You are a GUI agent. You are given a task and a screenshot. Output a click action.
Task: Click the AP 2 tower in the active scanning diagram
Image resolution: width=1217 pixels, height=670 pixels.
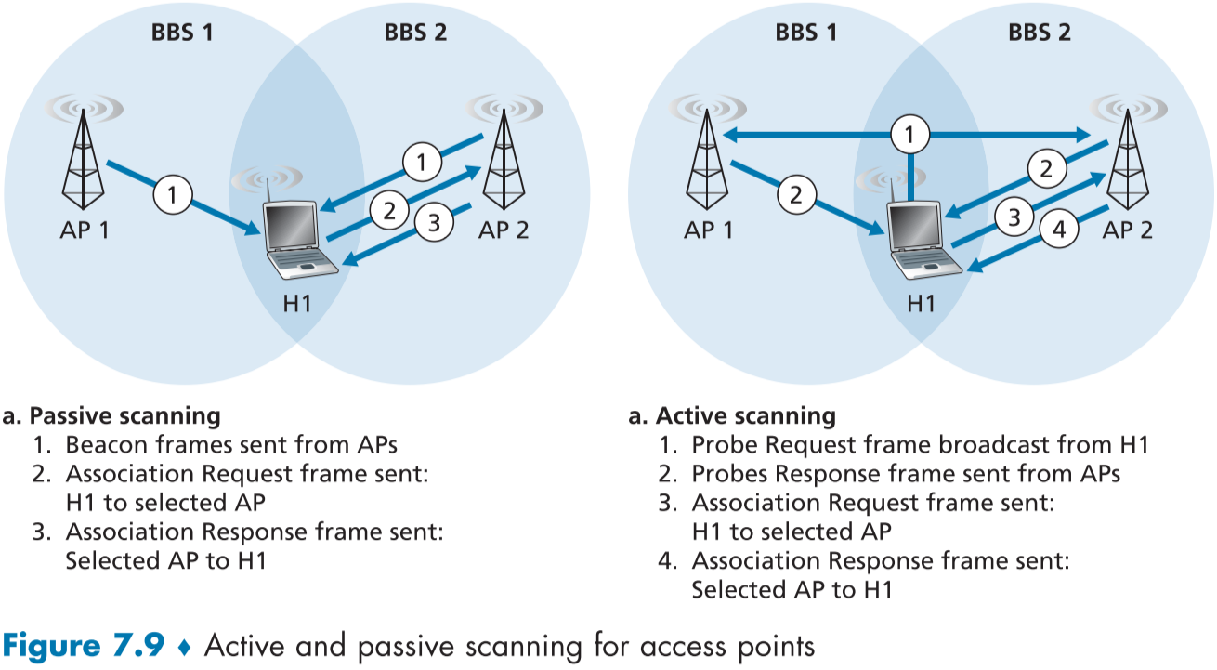[1128, 158]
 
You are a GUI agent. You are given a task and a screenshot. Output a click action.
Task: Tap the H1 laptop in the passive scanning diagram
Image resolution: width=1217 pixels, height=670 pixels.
[296, 237]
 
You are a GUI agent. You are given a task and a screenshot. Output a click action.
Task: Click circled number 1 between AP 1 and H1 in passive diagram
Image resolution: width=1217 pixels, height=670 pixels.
[173, 194]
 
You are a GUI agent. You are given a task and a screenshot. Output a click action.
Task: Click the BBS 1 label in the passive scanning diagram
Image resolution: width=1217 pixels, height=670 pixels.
[182, 33]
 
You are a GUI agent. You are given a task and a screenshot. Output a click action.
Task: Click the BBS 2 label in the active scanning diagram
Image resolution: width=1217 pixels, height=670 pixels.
[1039, 33]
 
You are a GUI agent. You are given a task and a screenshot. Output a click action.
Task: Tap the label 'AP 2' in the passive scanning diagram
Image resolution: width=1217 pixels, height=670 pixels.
[503, 230]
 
